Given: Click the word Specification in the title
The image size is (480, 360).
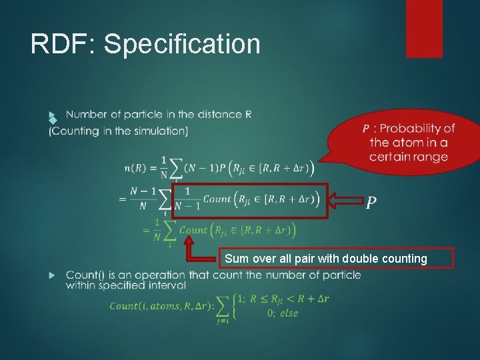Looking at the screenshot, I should [x=182, y=44].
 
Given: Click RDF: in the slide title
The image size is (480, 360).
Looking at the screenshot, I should [x=63, y=44].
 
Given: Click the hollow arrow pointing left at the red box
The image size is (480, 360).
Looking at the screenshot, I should [x=346, y=200].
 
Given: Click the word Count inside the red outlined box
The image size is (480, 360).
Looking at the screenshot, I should [x=217, y=199].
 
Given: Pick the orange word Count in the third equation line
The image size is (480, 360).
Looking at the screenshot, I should [x=194, y=230].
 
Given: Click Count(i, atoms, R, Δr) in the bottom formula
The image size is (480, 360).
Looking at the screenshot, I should [x=162, y=306].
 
